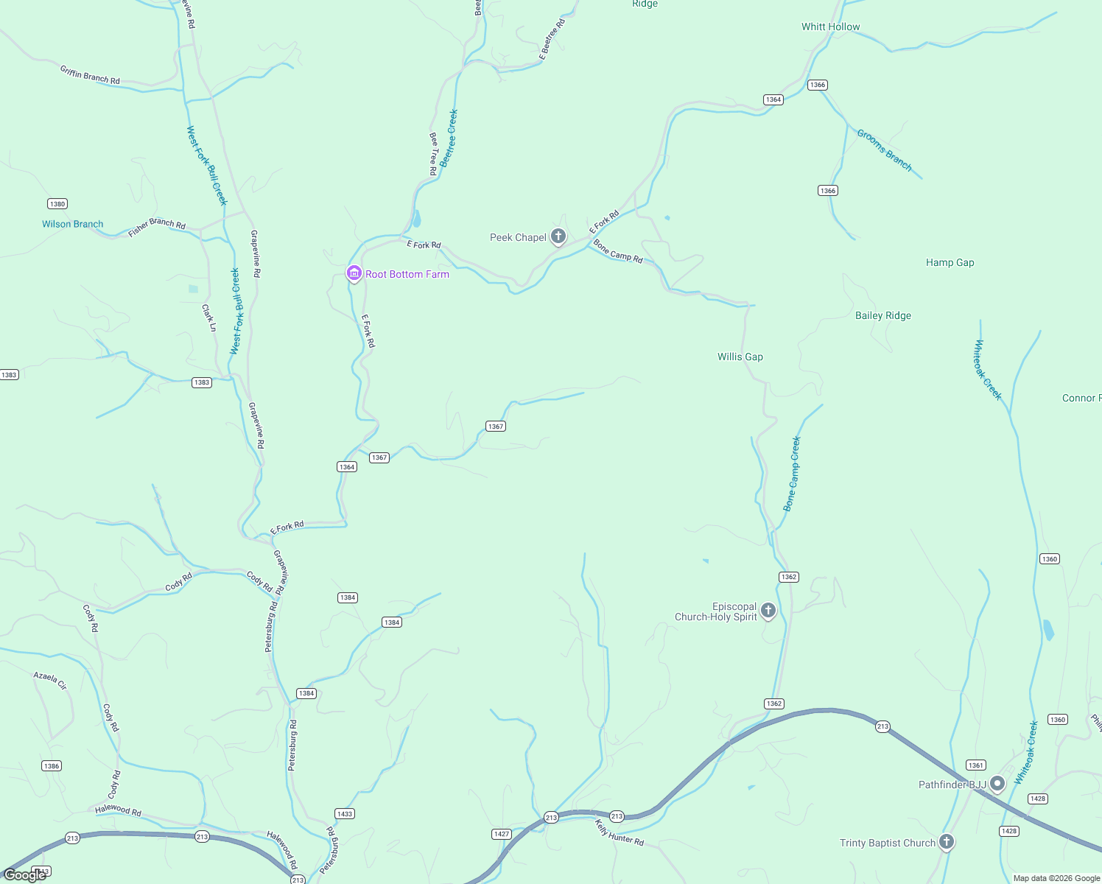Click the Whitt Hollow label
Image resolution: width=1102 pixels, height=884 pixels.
(830, 27)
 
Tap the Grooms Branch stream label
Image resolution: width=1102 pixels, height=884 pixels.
(884, 150)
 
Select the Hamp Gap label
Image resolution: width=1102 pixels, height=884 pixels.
(950, 263)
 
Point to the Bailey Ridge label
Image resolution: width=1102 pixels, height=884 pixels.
(882, 316)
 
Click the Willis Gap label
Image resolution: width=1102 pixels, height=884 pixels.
(740, 357)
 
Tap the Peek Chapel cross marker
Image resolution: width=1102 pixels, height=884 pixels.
(558, 236)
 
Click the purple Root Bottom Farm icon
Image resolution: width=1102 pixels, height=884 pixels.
(354, 274)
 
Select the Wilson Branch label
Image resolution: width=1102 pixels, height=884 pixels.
(72, 225)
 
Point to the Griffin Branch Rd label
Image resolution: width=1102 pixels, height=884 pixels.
(90, 74)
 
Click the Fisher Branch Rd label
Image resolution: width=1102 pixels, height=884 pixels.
(157, 227)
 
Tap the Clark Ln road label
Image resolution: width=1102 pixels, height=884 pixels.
(209, 318)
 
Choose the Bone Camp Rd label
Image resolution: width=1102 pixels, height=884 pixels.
(618, 251)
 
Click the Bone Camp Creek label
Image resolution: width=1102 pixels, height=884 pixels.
(792, 474)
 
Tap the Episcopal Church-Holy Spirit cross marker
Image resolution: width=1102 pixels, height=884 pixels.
(768, 610)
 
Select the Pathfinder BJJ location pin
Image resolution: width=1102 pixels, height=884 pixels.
(997, 783)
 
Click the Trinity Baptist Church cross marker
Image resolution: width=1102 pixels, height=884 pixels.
(947, 841)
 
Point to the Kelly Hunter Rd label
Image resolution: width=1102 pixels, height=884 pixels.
(620, 832)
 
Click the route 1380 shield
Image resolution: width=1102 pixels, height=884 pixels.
(57, 204)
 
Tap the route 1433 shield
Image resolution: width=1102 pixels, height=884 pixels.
(344, 814)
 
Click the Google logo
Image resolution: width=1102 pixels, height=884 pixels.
(25, 875)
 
